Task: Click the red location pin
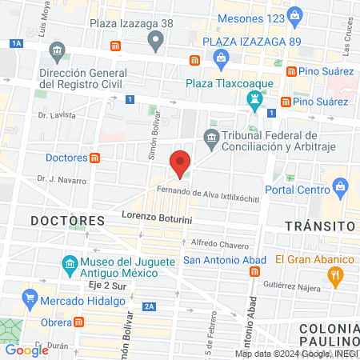[x=180, y=163]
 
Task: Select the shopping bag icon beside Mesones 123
[x=295, y=14]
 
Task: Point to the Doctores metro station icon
[x=96, y=158]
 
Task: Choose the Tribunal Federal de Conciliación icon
[x=211, y=138]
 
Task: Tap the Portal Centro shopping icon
[x=341, y=189]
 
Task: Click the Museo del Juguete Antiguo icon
[x=70, y=264]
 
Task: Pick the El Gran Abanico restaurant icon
[x=336, y=277]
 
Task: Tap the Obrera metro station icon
[x=78, y=322]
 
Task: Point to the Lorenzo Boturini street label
[x=158, y=216]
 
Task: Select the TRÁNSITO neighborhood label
[x=320, y=226]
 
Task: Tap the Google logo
[x=26, y=350]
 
